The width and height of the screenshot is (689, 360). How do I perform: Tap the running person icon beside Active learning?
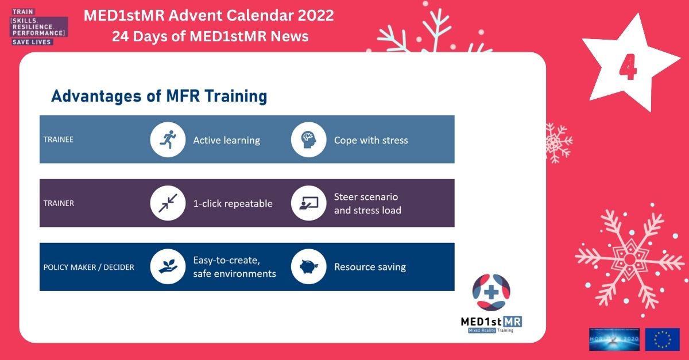[x=168, y=140]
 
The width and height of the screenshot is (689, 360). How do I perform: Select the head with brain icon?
[x=309, y=140]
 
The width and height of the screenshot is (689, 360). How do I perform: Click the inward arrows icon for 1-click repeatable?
[x=168, y=203]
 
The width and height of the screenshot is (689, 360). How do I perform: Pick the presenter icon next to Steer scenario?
[x=309, y=203]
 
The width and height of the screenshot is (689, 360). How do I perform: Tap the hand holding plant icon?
[x=168, y=267]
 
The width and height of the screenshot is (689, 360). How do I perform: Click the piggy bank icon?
[x=309, y=267]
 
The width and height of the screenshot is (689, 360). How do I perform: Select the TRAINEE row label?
[x=59, y=140]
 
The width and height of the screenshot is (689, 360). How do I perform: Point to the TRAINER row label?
[x=59, y=203]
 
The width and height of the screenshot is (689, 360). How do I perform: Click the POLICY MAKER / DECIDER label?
[x=88, y=267]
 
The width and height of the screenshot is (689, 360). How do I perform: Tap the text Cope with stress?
[x=371, y=140]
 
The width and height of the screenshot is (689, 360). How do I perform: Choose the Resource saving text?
[x=370, y=267]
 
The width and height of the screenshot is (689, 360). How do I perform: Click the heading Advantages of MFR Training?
[x=159, y=96]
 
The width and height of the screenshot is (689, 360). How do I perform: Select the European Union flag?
[x=662, y=339]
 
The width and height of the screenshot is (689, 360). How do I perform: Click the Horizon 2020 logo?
[x=614, y=339]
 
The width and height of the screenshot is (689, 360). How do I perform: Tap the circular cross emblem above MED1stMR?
[x=491, y=292]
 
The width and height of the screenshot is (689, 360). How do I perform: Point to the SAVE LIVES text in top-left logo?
[x=32, y=42]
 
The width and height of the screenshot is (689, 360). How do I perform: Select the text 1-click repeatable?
[x=233, y=204]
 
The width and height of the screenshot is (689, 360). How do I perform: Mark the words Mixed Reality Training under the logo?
[x=491, y=330]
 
